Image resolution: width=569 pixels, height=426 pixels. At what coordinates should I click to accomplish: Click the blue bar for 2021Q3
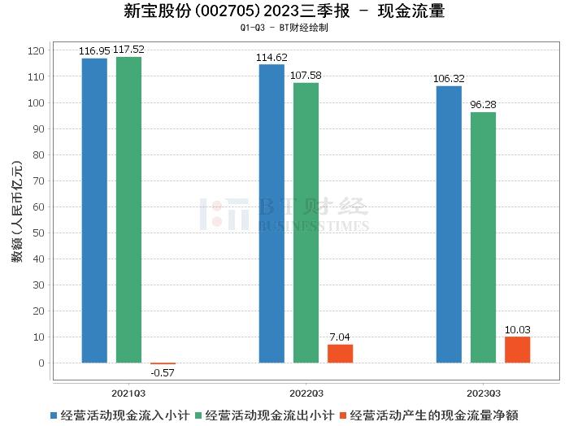coord(94,211)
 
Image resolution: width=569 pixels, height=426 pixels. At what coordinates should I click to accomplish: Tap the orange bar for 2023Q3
coord(517,350)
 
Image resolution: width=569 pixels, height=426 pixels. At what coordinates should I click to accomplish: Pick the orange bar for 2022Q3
coord(340,354)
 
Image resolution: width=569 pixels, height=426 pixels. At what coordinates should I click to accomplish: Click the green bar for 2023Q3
coord(483,237)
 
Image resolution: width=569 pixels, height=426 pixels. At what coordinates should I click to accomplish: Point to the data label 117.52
coord(128,50)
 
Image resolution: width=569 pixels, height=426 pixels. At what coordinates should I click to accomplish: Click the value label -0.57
coord(163,373)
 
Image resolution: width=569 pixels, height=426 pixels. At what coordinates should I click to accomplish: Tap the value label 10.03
coord(517,329)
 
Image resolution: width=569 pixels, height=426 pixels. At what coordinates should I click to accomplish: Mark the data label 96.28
coord(483,105)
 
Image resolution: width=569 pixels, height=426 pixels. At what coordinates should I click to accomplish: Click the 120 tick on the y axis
coord(35,50)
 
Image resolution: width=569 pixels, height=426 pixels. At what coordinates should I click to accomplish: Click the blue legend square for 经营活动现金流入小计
coord(54,415)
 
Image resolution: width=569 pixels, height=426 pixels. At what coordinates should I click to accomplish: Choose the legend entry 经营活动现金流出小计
coord(269,415)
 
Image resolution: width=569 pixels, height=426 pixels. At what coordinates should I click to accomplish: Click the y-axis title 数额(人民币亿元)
coord(16,211)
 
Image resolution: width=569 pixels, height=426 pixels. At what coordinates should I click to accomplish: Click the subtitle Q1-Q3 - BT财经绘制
coord(284,28)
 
